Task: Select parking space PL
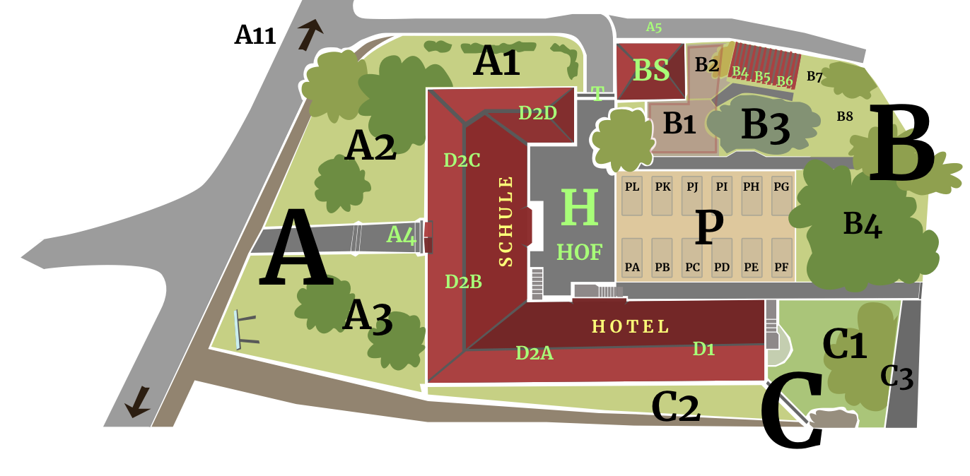point(632,195)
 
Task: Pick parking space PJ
point(692,195)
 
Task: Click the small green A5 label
point(653,28)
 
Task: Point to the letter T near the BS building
point(598,94)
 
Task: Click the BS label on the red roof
point(650,71)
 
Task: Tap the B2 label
point(706,65)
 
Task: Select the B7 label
point(814,77)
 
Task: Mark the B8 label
point(845,117)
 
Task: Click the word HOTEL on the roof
point(630,327)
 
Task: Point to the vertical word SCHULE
point(506,221)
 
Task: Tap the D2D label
point(537,113)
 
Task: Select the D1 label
point(703,348)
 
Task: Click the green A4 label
point(402,234)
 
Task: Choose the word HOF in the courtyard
point(579,252)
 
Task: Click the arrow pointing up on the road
point(310,33)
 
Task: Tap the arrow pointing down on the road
point(138,403)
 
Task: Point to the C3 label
point(896,378)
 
